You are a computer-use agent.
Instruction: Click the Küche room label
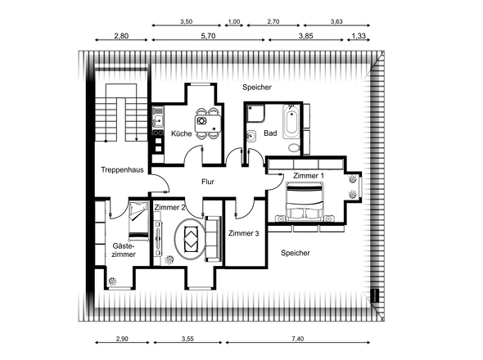point(182,133)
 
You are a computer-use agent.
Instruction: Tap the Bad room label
point(270,133)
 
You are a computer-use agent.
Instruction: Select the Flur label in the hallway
point(208,182)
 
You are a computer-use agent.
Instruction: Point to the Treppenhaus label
point(122,169)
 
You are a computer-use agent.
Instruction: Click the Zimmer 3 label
point(243,233)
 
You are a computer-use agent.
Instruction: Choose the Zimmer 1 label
point(309,176)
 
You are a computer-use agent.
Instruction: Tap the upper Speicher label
point(257,88)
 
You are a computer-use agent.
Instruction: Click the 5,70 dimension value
point(208,36)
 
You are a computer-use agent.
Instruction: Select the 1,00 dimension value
point(234,21)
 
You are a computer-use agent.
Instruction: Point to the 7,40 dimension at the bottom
point(297,339)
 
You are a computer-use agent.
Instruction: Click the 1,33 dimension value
point(359,36)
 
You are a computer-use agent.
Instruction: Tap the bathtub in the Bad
point(291,122)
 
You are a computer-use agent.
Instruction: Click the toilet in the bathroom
point(294,147)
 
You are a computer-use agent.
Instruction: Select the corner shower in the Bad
point(255,114)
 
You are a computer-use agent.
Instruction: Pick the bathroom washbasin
point(251,136)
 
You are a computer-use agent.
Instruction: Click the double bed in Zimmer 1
point(305,201)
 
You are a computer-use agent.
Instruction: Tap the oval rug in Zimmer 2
point(190,239)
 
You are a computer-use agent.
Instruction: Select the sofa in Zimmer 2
point(213,239)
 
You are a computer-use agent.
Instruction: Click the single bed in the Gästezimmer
point(138,220)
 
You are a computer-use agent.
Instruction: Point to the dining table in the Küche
point(208,124)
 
